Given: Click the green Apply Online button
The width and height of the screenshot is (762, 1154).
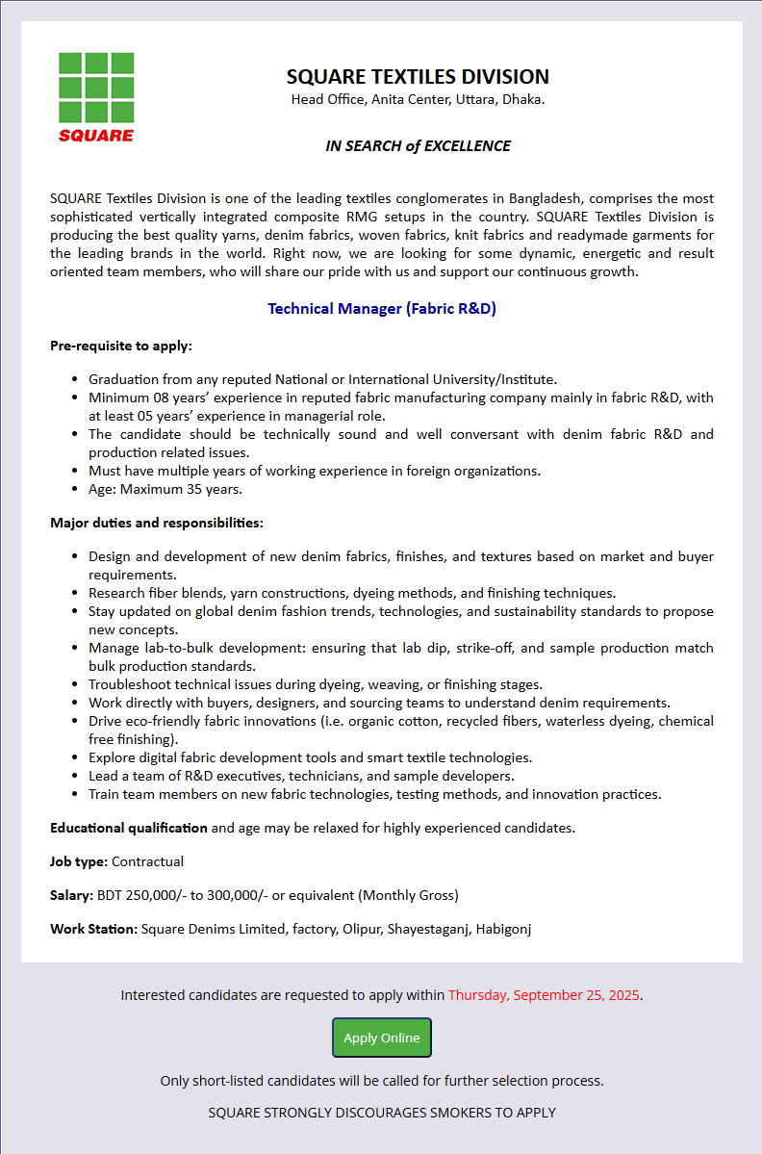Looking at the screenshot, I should (382, 1038).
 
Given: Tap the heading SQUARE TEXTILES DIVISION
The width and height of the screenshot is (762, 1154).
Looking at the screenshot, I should (418, 77).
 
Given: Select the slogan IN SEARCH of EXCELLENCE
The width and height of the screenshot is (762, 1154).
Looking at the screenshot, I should (418, 146).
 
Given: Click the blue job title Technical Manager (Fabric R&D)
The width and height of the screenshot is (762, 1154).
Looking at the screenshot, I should (382, 309).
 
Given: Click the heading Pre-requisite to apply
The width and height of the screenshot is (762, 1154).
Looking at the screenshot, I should (121, 346).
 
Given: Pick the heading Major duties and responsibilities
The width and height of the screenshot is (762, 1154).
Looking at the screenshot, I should (157, 523).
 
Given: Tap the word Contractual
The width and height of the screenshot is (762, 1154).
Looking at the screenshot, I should (149, 861).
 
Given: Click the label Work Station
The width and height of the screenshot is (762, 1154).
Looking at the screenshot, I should (94, 929).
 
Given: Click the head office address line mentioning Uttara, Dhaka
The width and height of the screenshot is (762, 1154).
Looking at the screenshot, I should (418, 100).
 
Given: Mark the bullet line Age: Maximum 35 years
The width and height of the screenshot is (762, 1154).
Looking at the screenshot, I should (165, 489).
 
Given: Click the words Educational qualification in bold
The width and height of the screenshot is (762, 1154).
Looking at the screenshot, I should (129, 828).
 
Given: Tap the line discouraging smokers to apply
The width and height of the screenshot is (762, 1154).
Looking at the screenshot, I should (382, 1113).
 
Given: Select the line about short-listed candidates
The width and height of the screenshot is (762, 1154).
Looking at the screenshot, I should (382, 1081).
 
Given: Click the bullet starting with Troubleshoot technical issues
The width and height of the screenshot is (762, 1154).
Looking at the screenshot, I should (316, 684).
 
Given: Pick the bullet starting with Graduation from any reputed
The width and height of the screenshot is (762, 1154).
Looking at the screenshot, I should (322, 379).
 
